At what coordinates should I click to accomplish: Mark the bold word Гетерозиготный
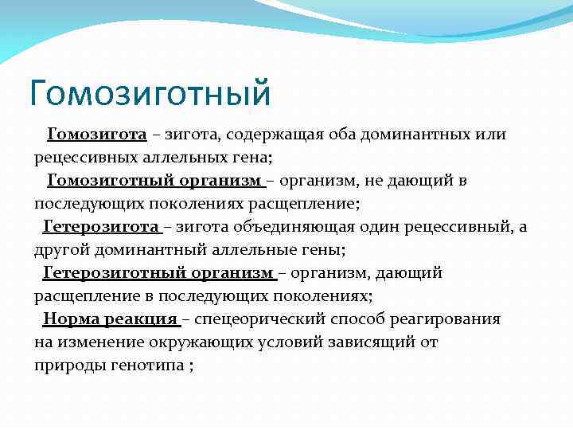click(x=114, y=273)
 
